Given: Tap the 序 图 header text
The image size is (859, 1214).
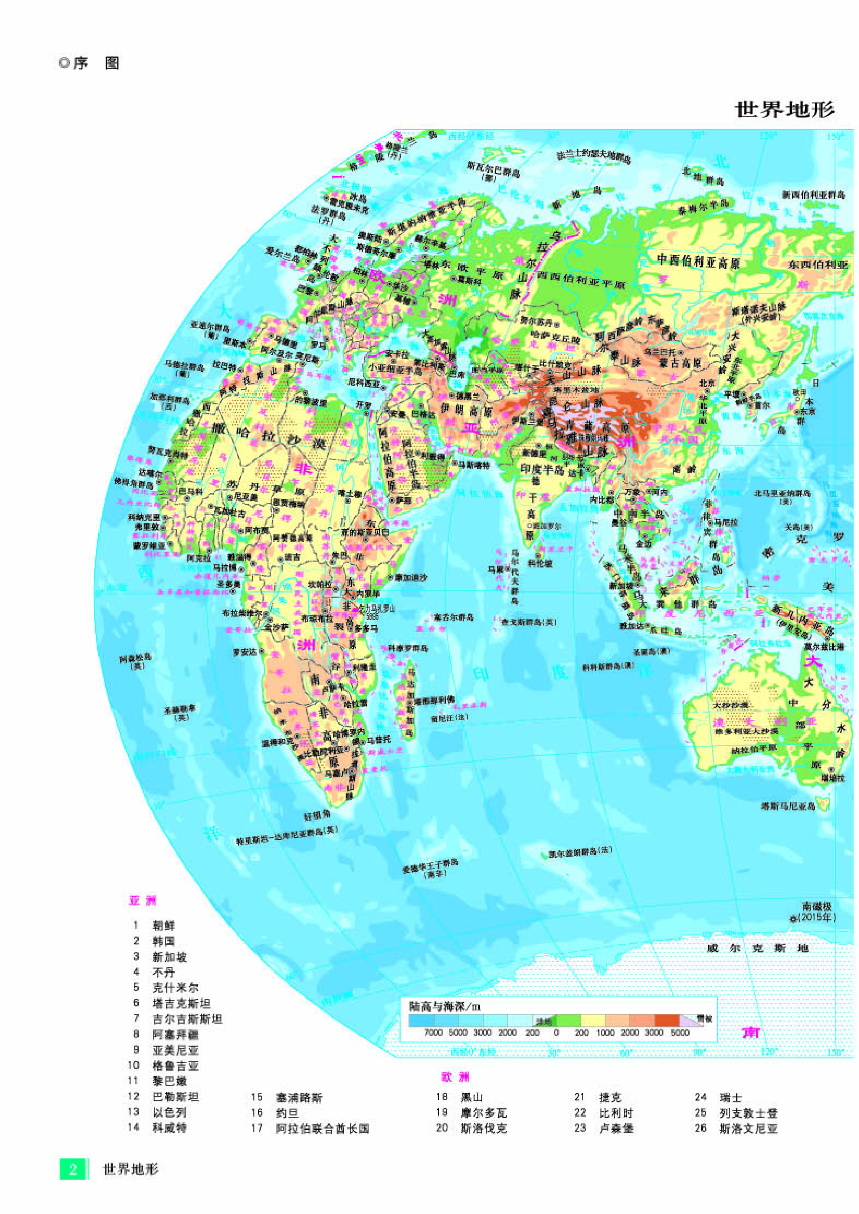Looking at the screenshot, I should [x=90, y=64].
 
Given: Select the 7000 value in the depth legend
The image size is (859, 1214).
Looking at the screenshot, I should [x=433, y=1032].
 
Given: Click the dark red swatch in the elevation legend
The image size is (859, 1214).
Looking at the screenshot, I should [x=667, y=1020].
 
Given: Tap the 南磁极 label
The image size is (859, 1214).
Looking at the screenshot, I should [x=817, y=906].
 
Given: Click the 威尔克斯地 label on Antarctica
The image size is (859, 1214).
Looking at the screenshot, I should [x=757, y=948].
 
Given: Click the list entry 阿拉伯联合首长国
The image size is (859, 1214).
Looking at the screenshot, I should [x=322, y=1129].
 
